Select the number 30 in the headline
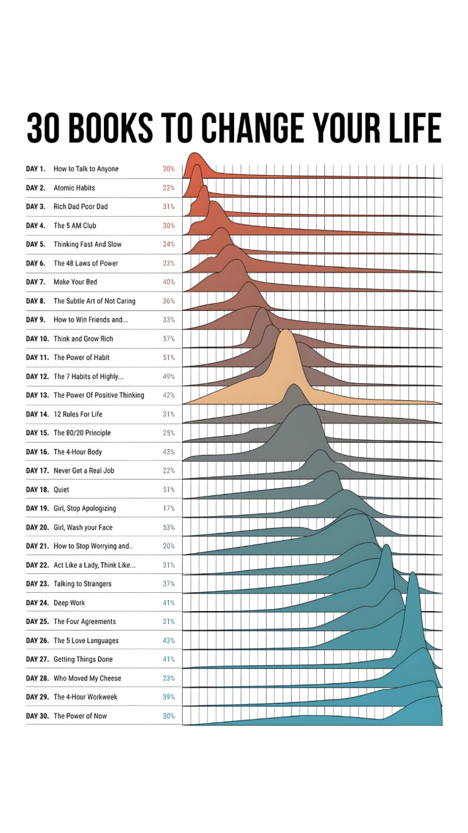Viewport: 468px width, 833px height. click(x=43, y=128)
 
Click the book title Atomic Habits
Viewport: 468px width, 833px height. click(x=74, y=188)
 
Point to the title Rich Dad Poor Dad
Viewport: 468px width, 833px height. click(x=81, y=207)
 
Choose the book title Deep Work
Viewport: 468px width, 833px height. click(x=69, y=603)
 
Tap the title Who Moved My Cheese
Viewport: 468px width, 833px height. click(x=87, y=679)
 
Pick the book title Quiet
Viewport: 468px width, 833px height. click(x=61, y=490)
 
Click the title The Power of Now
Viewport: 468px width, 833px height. click(x=80, y=717)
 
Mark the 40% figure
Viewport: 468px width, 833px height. click(x=169, y=282)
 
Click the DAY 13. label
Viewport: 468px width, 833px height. click(x=37, y=396)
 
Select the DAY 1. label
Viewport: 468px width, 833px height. click(x=36, y=169)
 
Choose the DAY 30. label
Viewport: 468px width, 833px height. click(x=37, y=717)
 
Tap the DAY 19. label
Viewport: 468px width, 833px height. click(x=37, y=509)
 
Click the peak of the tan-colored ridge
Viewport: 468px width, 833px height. click(x=285, y=331)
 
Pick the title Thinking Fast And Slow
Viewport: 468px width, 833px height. click(x=87, y=245)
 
